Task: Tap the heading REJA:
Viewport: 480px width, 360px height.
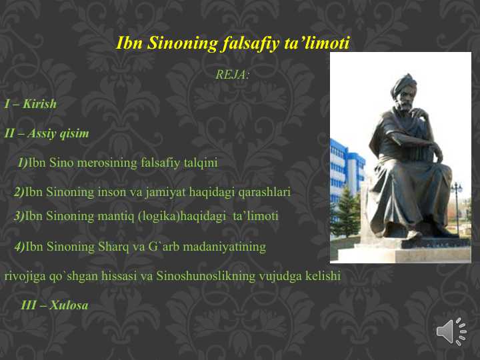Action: tap(233, 75)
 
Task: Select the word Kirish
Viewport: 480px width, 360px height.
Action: tap(39, 104)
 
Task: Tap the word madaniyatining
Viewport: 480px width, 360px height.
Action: tap(225, 247)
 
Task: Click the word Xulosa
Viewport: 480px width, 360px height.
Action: tap(69, 305)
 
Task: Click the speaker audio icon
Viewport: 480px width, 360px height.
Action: tap(451, 331)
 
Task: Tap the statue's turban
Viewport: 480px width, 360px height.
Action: tap(404, 83)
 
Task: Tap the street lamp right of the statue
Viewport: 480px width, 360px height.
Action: tap(457, 202)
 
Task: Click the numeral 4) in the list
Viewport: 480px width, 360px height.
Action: tap(19, 247)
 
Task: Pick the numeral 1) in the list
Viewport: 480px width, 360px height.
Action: tap(23, 163)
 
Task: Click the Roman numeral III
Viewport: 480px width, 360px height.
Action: tap(29, 305)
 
